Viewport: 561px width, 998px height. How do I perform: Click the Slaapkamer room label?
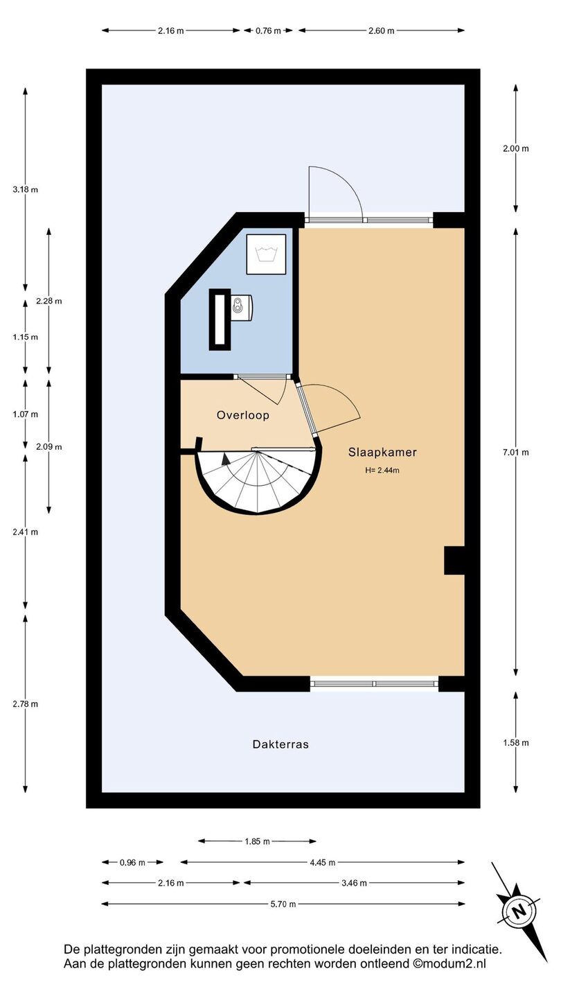coord(382,452)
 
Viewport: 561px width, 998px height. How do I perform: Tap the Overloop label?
coord(242,415)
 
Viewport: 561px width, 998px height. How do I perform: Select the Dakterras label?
coord(280,744)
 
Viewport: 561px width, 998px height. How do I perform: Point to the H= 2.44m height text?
coord(382,470)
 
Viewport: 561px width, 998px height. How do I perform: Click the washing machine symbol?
coord(266,254)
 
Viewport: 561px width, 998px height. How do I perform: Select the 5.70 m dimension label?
coord(283,904)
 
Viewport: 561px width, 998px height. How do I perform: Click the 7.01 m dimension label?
coord(516,452)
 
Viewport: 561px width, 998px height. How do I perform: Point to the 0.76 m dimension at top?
coord(268,30)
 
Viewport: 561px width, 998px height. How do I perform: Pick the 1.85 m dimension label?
coord(258,841)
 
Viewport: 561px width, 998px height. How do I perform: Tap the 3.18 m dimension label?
coord(26,189)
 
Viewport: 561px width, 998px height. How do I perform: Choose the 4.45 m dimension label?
coord(322,863)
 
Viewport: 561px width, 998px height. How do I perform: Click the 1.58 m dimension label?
coord(516,743)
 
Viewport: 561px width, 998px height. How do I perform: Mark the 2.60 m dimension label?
coord(382,30)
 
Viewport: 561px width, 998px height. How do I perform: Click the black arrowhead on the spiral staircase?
coord(226,459)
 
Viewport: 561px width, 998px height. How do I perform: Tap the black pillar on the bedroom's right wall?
coord(454,561)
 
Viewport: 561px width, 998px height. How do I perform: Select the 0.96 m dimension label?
coord(132,863)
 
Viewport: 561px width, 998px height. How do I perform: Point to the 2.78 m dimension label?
coord(26,704)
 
